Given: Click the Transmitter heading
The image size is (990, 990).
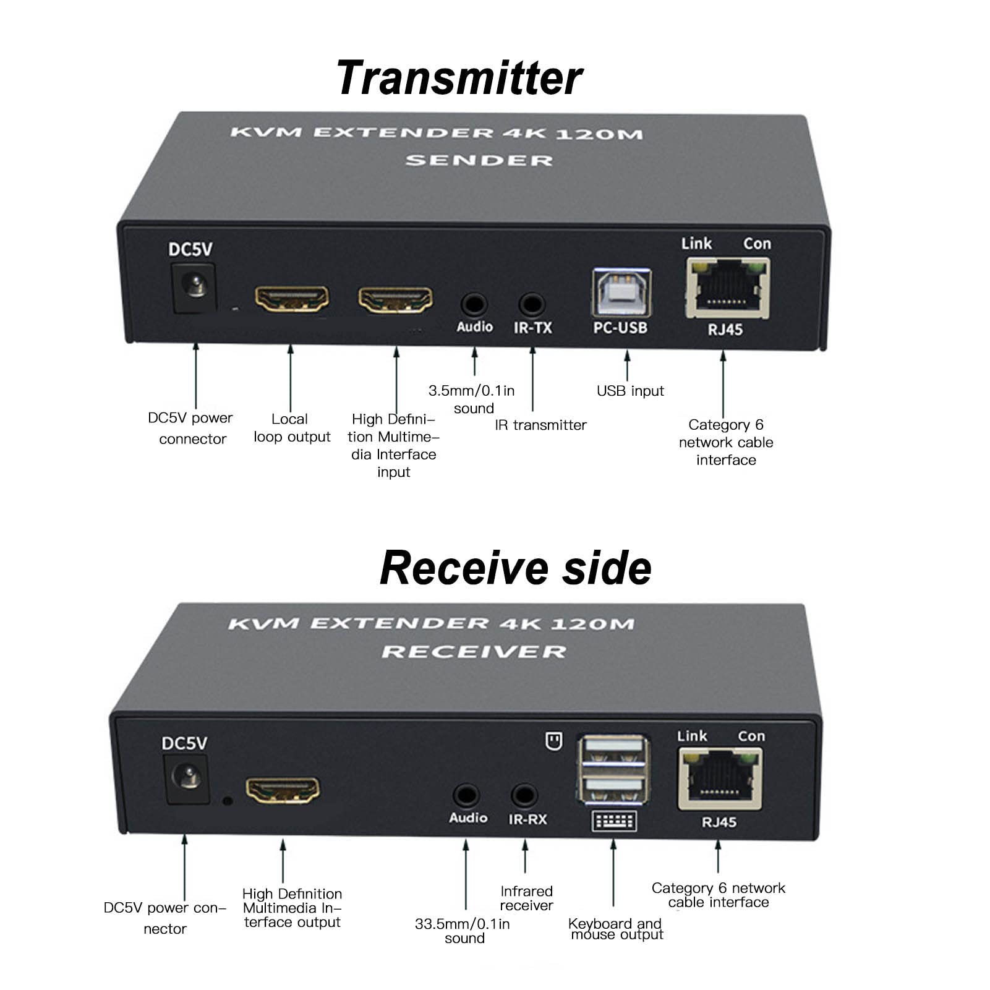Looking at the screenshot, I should click(459, 79).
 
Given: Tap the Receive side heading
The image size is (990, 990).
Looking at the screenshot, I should click(515, 568).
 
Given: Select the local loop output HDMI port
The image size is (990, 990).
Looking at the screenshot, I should click(292, 299).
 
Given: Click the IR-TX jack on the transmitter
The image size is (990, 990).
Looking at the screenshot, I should click(531, 304).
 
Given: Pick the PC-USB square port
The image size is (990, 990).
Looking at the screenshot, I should click(621, 292).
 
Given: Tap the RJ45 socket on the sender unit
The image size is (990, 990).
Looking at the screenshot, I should click(727, 288).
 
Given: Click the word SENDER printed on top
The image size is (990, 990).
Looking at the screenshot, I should click(479, 161).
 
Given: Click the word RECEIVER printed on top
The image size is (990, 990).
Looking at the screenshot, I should click(474, 652).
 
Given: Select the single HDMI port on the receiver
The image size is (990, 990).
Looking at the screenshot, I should click(283, 790).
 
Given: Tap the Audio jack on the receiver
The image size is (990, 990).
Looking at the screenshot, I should click(466, 795).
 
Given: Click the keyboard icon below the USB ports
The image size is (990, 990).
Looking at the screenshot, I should click(614, 821).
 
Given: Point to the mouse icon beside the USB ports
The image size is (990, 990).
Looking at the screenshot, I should click(553, 741).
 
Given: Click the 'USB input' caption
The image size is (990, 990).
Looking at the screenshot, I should click(630, 391).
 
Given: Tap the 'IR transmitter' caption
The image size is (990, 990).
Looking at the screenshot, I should click(540, 425).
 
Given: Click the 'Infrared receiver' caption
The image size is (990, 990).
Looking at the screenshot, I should click(526, 898).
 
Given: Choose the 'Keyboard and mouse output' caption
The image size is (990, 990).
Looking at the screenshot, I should click(615, 929).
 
